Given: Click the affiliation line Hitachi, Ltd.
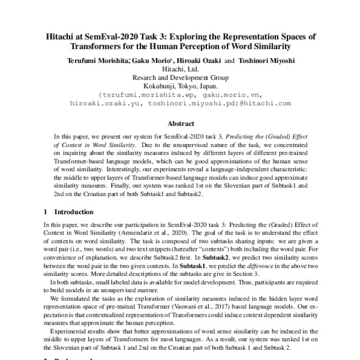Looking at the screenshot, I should (x=180, y=68).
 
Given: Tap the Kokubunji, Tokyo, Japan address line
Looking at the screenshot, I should (x=180, y=85).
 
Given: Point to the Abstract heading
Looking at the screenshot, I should (x=179, y=124).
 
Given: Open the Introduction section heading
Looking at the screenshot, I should (x=74, y=212).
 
